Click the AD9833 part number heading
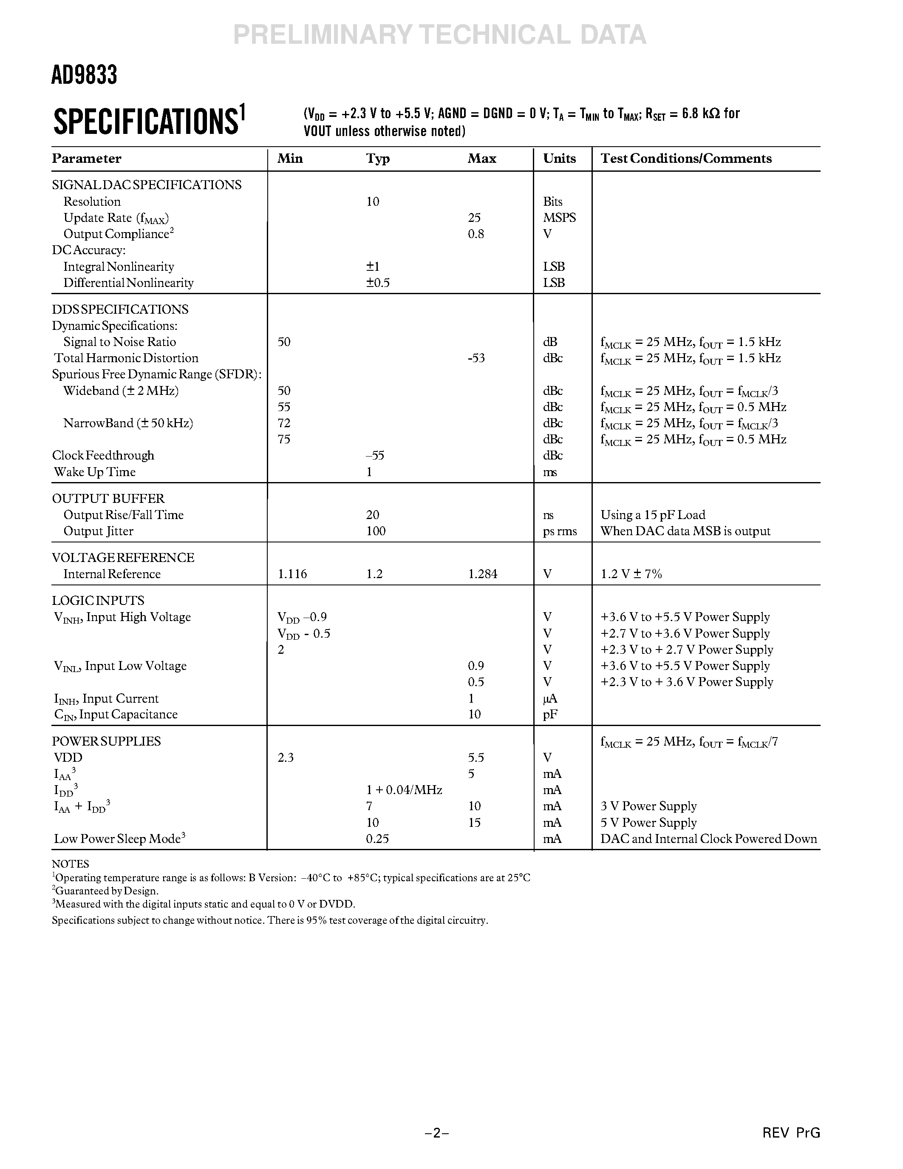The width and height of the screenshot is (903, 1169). (x=84, y=75)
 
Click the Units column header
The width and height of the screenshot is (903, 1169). (x=560, y=159)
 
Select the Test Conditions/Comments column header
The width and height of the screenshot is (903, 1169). (x=686, y=159)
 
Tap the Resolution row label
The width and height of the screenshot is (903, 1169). (x=92, y=202)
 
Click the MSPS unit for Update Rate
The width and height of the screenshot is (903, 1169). (x=560, y=218)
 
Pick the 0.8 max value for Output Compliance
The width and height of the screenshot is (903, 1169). (x=476, y=234)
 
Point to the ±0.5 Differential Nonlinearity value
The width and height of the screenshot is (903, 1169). (x=378, y=283)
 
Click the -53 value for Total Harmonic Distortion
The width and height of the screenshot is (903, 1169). (x=476, y=358)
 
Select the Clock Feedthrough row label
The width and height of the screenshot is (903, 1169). (x=103, y=456)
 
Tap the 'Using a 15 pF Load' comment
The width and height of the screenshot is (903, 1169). (x=653, y=515)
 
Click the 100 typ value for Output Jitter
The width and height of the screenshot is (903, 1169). (x=376, y=531)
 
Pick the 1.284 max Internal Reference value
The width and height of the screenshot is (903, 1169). (x=483, y=574)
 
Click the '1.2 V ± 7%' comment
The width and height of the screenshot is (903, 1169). (x=631, y=574)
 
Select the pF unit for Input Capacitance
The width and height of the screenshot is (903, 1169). (x=550, y=715)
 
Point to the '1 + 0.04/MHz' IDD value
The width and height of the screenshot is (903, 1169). (x=404, y=790)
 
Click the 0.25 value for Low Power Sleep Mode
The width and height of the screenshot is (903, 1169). (x=377, y=839)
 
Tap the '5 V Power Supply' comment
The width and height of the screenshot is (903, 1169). (x=648, y=823)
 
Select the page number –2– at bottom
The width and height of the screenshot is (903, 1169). (x=436, y=1132)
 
